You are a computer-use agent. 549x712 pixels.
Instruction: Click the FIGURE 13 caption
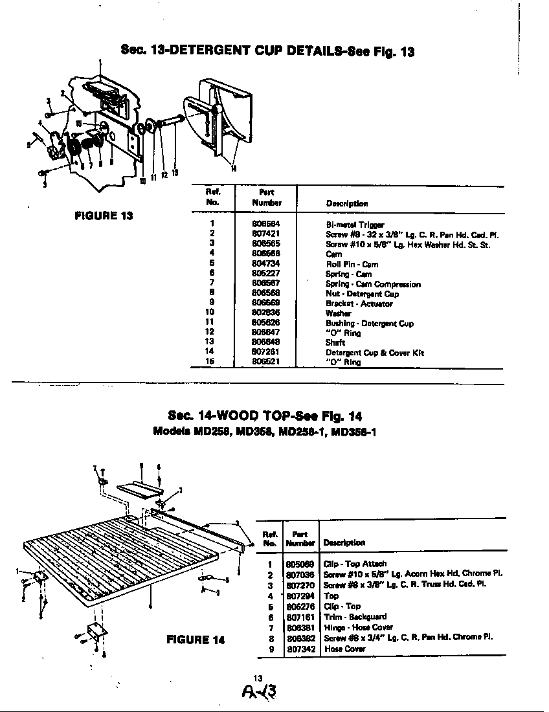tap(104, 216)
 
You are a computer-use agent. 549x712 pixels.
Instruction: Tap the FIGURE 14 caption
tap(196, 640)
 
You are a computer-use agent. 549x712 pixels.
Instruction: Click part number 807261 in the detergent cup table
tap(265, 352)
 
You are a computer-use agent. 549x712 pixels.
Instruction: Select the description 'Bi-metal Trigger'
tap(350, 225)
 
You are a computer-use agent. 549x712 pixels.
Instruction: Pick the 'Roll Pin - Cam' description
tap(352, 264)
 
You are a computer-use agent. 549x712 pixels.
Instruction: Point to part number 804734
tap(265, 264)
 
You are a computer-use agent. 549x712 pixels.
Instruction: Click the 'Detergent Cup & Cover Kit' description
tap(374, 352)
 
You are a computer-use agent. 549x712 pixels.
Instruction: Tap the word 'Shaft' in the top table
tap(335, 342)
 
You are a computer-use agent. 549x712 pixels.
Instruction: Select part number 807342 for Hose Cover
tap(301, 648)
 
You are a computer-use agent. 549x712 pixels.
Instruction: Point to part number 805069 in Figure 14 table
tap(301, 564)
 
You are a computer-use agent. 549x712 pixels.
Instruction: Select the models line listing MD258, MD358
tap(265, 432)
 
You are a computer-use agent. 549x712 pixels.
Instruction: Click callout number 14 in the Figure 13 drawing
tap(234, 169)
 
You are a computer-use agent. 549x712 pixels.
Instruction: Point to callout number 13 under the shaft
tap(175, 172)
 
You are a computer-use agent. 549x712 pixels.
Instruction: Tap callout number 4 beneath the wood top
tap(150, 606)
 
